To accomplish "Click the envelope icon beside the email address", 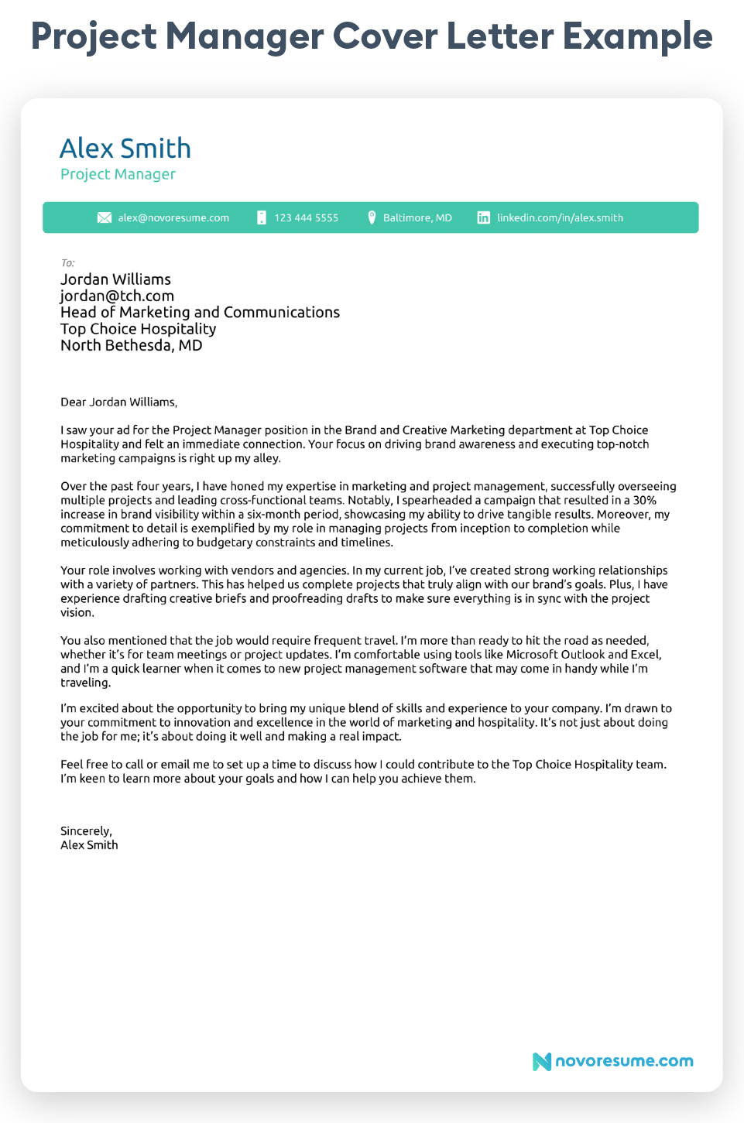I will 105,217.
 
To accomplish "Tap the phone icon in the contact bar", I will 262,217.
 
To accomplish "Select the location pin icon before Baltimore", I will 372,217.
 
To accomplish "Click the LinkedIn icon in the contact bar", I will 483,217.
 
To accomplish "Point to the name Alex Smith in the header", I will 125,148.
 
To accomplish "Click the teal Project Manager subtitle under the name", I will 118,174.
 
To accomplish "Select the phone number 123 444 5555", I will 306,217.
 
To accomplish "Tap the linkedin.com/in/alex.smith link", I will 560,217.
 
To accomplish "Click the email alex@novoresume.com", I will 173,217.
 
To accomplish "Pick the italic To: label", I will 67,263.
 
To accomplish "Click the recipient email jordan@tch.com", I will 117,296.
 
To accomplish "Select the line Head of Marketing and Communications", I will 200,312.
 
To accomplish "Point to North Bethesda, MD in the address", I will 131,345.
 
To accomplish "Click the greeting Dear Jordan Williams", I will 118,402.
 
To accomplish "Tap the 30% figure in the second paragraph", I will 644,500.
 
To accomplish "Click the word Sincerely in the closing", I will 86,830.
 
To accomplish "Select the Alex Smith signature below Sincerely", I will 89,844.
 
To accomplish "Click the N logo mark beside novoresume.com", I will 542,1061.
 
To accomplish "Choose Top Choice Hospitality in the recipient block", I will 138,329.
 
